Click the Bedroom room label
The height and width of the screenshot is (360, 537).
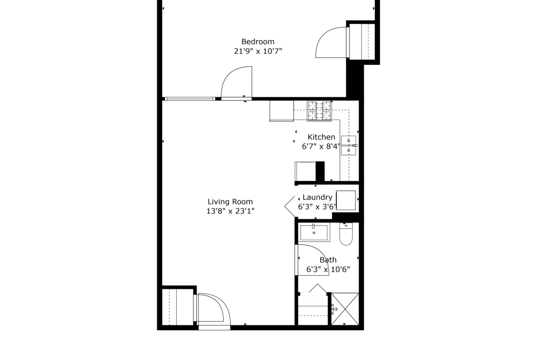coord(258,42)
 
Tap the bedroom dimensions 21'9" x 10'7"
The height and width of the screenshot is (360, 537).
coord(258,51)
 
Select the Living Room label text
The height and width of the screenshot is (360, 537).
coord(230,202)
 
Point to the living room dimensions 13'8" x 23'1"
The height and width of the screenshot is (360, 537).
coord(230,211)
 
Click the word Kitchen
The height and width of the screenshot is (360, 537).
coord(321,137)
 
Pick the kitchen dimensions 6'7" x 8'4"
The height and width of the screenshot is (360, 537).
coord(321,146)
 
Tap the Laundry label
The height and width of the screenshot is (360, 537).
coord(318,198)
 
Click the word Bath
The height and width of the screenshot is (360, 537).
coord(328,260)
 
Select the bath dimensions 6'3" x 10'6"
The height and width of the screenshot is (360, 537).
coord(328,270)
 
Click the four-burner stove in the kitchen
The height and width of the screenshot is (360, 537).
coord(319,111)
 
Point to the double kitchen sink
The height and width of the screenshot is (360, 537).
coord(349,145)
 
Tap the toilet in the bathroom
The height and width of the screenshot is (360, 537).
coord(346,234)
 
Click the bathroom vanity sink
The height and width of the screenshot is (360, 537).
coord(314,233)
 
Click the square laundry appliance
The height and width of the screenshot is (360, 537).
coord(346,200)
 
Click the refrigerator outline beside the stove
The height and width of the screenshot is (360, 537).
coord(281,111)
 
